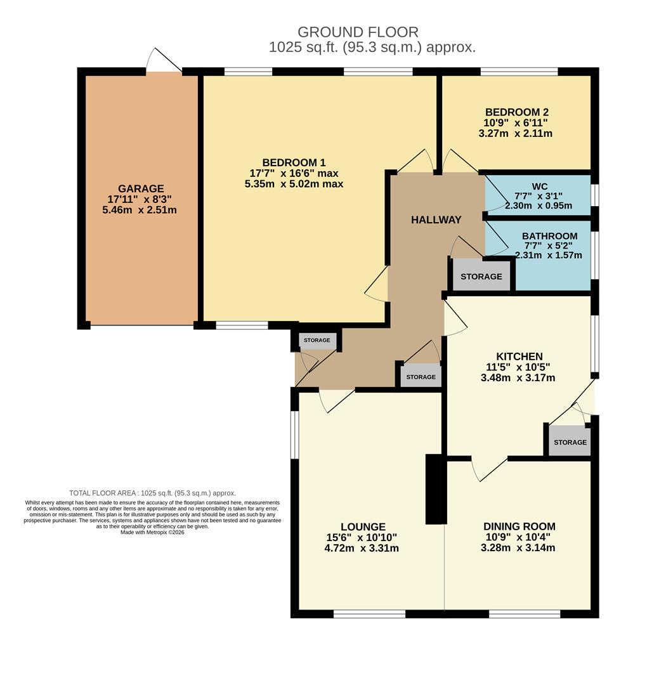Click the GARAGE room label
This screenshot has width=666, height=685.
140,188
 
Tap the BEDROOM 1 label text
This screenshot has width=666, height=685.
294,162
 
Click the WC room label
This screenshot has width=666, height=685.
539,186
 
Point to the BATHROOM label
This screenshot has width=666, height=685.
549,236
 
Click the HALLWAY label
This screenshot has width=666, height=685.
436,219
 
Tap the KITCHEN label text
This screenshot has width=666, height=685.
519,356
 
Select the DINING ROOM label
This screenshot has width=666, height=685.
519,526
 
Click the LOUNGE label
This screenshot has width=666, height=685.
362,526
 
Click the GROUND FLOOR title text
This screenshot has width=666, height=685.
358,32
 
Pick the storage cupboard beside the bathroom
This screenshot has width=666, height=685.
481,277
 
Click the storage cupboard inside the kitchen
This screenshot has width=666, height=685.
570,442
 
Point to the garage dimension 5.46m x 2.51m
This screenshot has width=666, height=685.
139,210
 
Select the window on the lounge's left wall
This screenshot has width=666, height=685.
294,434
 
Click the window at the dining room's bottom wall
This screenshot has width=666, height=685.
524,614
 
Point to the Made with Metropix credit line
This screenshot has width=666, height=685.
152,532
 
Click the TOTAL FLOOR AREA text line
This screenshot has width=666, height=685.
152,493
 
